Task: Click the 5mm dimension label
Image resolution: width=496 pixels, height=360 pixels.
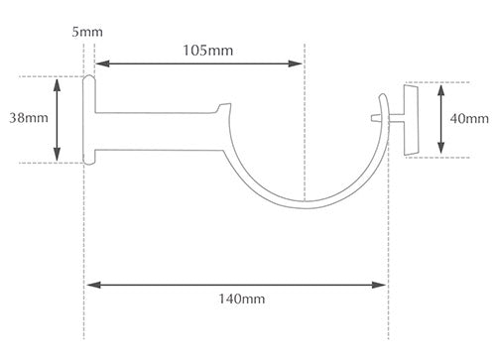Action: point(87,32)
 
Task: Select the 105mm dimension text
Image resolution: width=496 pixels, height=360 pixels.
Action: point(208,51)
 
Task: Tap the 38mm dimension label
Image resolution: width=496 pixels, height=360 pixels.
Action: point(29,118)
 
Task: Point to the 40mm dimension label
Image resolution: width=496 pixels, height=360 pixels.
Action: point(469,118)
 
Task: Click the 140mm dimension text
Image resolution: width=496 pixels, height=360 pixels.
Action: point(242,300)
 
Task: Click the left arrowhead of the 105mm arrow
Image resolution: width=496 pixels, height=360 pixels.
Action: point(102,63)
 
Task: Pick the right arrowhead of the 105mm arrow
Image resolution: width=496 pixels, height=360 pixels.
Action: point(295,63)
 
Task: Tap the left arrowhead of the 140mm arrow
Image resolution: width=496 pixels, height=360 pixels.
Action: point(94,285)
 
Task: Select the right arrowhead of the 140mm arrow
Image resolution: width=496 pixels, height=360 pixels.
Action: point(379,285)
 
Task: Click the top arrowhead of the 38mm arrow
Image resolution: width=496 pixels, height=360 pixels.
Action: point(58,85)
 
